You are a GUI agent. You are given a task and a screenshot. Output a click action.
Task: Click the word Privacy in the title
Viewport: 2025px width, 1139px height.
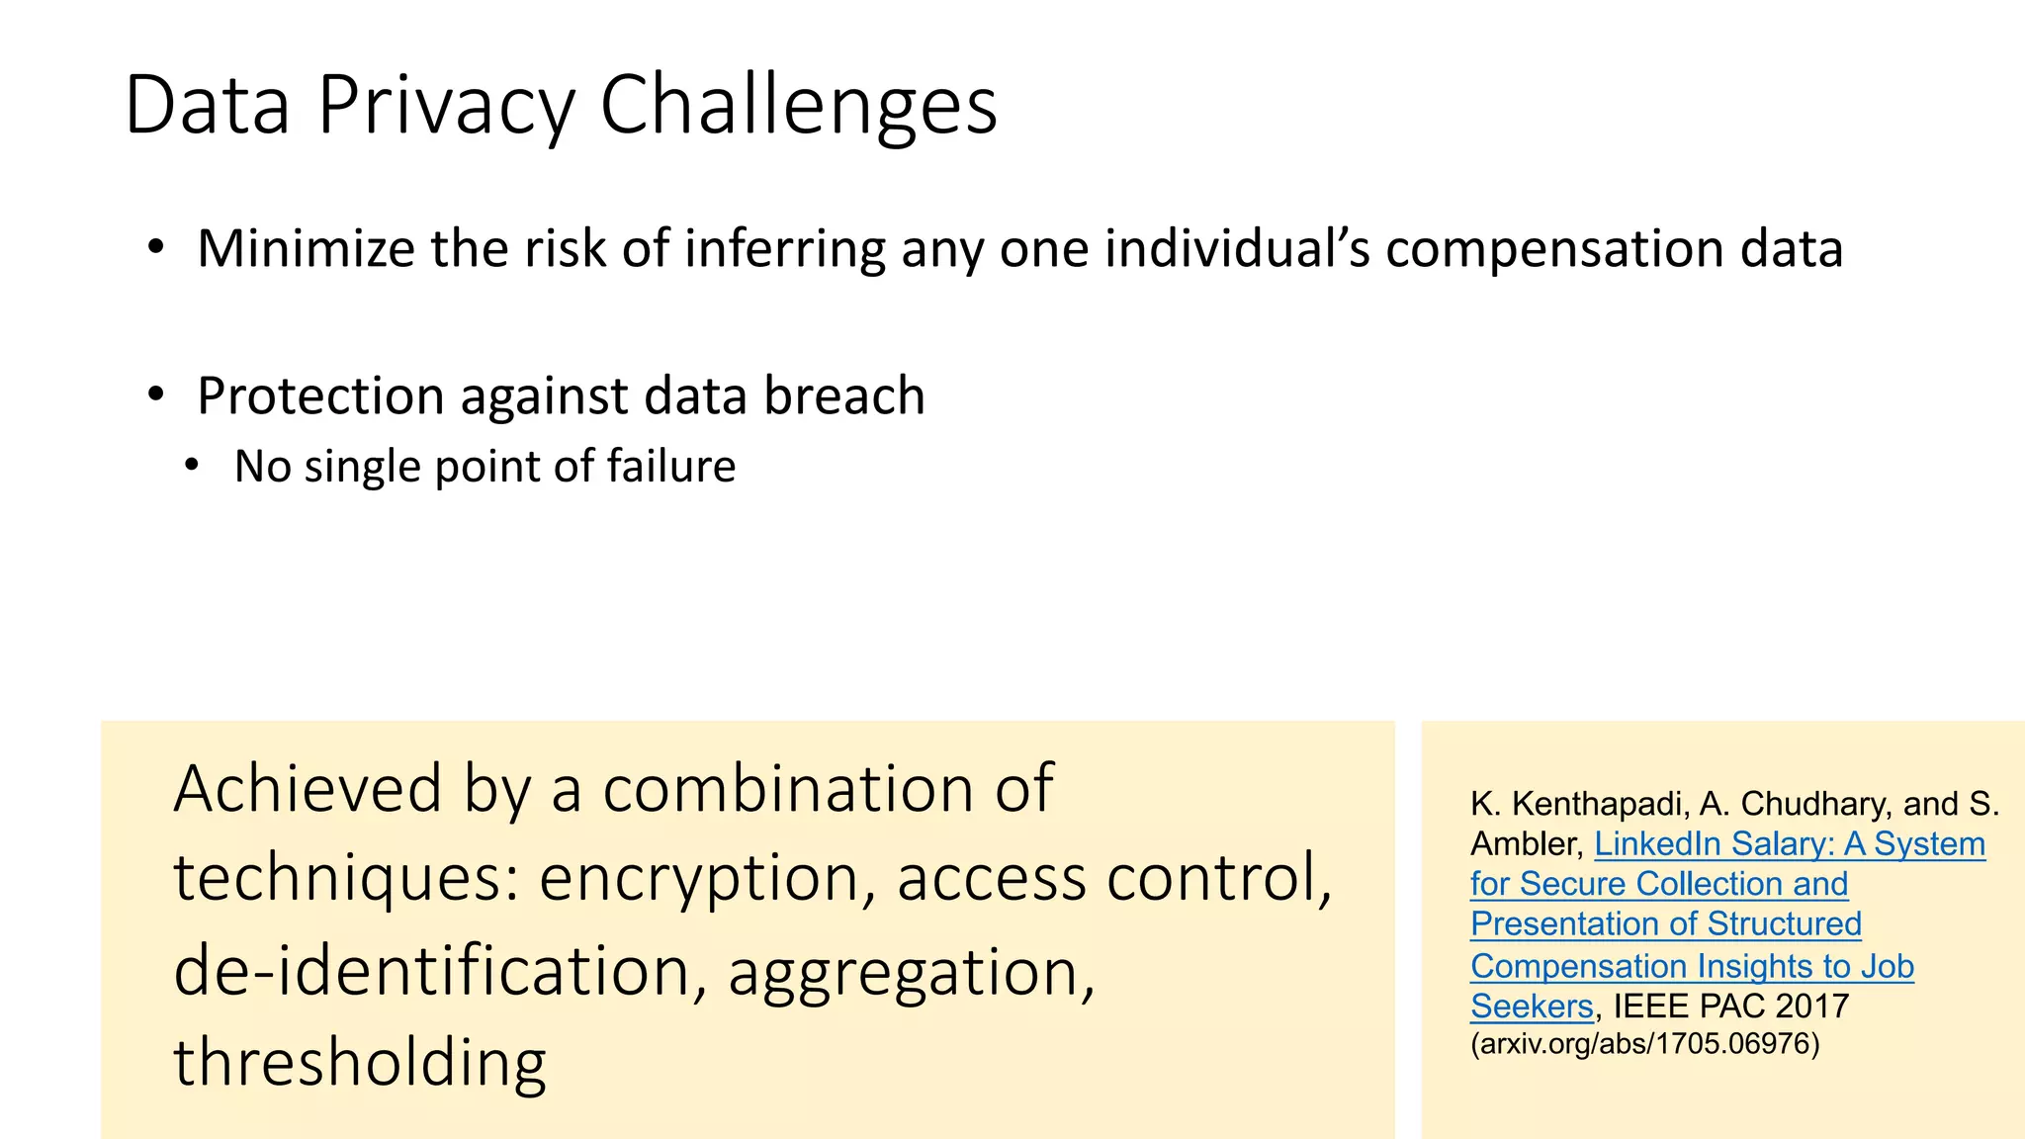[x=446, y=107]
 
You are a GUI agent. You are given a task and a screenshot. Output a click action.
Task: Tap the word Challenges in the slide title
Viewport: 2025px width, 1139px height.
[x=799, y=107]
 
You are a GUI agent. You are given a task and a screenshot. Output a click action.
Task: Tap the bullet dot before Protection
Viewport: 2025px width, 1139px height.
[x=155, y=395]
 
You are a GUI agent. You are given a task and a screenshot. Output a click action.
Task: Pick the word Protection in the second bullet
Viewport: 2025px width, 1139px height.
[x=319, y=397]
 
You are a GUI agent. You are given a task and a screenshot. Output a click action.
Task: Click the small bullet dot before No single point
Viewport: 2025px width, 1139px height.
[x=192, y=465]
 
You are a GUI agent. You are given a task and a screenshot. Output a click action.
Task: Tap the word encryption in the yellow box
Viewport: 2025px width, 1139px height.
[x=698, y=879]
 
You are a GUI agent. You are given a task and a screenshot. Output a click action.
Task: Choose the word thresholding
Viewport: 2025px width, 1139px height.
[x=360, y=1063]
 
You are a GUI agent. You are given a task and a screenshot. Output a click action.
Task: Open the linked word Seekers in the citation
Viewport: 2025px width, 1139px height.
[x=1532, y=1007]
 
